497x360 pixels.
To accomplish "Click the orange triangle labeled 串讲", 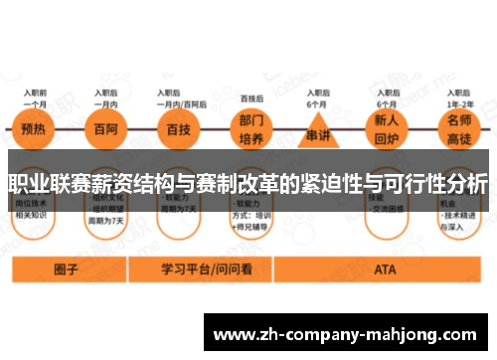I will (317, 130).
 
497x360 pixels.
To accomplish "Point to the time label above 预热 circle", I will (37, 95).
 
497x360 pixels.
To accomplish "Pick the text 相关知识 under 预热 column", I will (35, 214).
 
